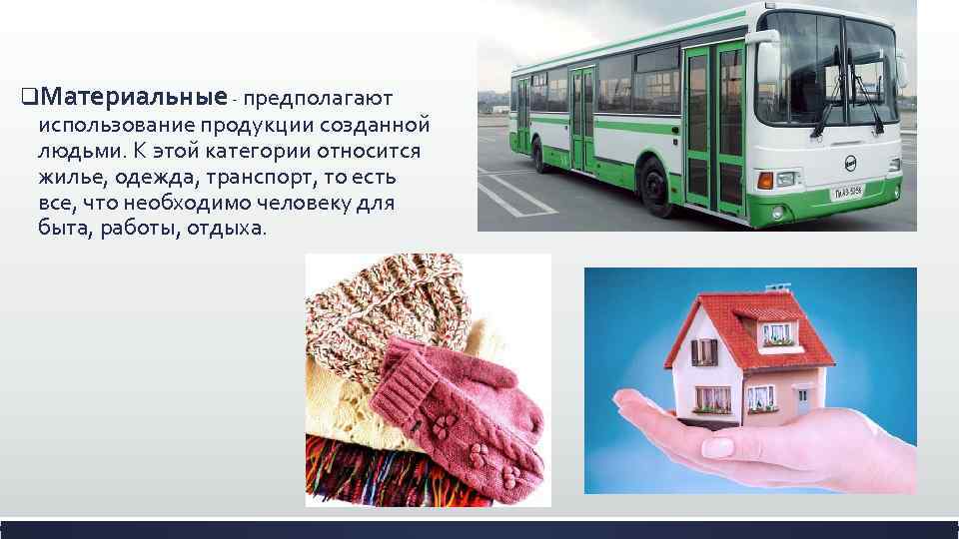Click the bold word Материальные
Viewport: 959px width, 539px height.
pyautogui.click(x=135, y=98)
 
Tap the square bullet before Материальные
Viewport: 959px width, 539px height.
pyautogui.click(x=29, y=99)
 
